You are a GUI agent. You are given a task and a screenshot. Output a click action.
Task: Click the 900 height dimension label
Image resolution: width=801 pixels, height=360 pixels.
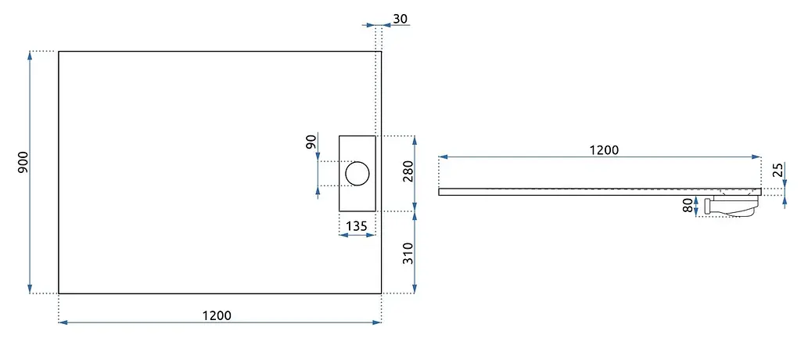(23, 162)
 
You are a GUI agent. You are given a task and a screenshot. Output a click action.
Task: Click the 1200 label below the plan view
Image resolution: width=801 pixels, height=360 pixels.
(217, 315)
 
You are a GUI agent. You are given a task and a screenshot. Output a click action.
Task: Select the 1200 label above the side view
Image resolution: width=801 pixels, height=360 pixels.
(605, 149)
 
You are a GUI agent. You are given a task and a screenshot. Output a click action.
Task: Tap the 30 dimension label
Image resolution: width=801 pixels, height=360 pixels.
(400, 19)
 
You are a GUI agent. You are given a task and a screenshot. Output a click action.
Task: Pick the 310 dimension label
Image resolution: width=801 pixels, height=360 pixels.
(408, 253)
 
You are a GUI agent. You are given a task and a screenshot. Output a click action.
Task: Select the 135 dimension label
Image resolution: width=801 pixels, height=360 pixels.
(357, 226)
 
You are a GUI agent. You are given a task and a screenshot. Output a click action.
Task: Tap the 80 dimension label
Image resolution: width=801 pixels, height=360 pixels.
(688, 206)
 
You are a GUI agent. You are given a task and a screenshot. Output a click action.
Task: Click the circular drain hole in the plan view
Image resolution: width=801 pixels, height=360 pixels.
(357, 173)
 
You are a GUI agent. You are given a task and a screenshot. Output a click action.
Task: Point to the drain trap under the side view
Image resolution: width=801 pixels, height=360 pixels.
(731, 206)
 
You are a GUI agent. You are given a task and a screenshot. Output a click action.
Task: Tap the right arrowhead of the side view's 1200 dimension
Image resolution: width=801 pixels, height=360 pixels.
(756, 157)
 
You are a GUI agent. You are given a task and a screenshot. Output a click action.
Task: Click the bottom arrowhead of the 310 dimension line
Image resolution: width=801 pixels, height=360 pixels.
(415, 290)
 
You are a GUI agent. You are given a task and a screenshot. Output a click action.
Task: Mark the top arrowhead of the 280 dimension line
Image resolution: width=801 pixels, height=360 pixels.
(415, 140)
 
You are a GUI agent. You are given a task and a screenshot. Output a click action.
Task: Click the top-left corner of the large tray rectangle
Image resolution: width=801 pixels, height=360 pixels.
(59, 51)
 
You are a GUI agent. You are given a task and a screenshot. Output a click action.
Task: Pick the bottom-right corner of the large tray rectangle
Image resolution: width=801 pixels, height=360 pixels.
(381, 293)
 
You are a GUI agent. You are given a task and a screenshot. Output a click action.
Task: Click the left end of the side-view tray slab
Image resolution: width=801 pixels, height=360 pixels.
(439, 192)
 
